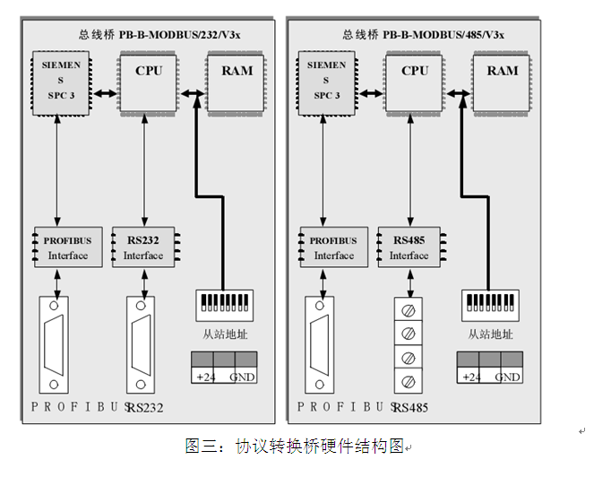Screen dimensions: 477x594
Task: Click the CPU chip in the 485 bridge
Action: (x=415, y=82)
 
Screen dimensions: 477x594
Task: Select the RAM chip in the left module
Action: (x=237, y=82)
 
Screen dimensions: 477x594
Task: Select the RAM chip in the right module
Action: (x=503, y=82)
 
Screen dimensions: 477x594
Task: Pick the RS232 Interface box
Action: (x=144, y=247)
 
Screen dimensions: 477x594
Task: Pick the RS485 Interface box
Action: (x=409, y=247)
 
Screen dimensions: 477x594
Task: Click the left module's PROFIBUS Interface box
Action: (x=67, y=247)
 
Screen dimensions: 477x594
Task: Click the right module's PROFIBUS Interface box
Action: (x=333, y=247)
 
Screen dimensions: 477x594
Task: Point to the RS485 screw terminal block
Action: (x=409, y=346)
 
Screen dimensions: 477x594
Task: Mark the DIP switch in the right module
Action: (x=488, y=305)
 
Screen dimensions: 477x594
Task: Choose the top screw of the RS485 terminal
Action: (x=409, y=314)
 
